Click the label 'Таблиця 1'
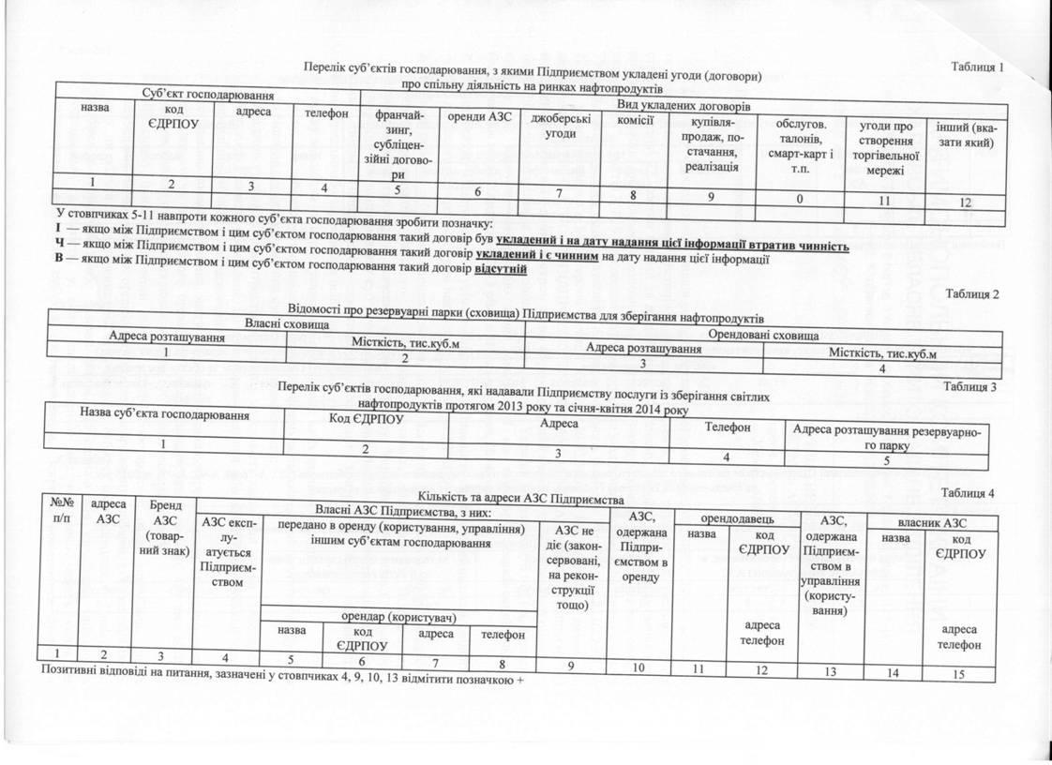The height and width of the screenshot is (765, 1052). coord(977,67)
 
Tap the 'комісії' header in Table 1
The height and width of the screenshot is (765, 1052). coord(635,119)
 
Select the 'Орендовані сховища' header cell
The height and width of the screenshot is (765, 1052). coord(764,334)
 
